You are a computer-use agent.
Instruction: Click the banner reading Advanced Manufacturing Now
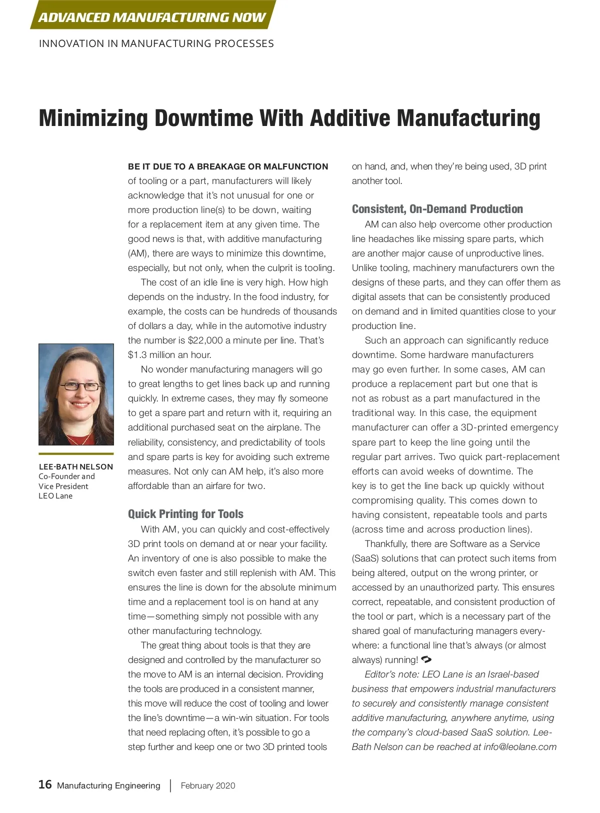(x=152, y=17)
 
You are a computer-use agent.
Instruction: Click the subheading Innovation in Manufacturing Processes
(x=156, y=43)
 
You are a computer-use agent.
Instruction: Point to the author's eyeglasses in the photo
(x=80, y=386)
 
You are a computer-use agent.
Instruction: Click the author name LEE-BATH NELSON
(x=76, y=466)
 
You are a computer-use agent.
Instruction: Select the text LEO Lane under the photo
(x=55, y=495)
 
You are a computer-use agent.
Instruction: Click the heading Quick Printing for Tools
(x=185, y=514)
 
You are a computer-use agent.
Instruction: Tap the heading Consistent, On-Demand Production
(x=437, y=209)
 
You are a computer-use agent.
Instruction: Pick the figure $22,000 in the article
(x=205, y=340)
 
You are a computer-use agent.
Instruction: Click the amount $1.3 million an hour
(x=169, y=355)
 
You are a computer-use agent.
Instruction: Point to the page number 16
(x=45, y=784)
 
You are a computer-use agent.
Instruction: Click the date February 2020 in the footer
(x=207, y=785)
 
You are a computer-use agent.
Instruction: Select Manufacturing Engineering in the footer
(x=108, y=785)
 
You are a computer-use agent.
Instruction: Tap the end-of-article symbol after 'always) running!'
(x=426, y=659)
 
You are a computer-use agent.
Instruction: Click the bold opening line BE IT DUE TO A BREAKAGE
(x=228, y=166)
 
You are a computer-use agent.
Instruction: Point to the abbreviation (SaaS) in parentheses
(x=365, y=558)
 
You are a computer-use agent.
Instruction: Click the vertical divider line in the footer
(x=170, y=785)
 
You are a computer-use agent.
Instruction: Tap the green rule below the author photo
(x=76, y=454)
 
